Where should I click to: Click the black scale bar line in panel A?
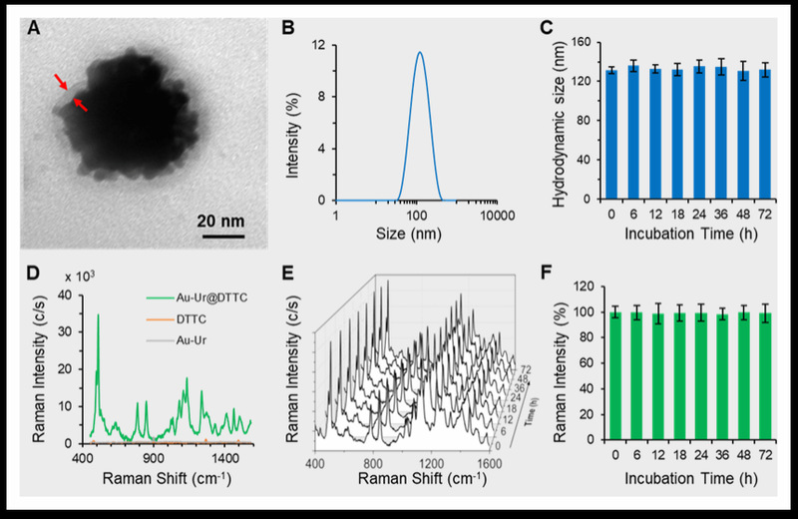(224, 236)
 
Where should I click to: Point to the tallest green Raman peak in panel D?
(98, 315)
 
